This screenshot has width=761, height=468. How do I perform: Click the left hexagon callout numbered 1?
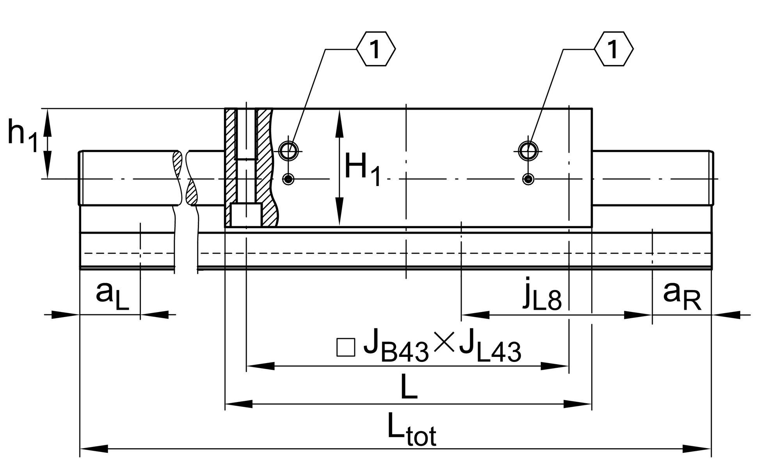click(376, 49)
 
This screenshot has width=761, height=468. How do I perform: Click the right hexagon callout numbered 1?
click(613, 49)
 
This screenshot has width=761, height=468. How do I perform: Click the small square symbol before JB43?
click(346, 347)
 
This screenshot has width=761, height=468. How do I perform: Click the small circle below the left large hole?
click(288, 179)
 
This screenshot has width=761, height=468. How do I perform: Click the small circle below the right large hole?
click(528, 179)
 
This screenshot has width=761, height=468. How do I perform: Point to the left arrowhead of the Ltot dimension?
click(94, 449)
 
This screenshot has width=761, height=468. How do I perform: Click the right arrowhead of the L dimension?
click(578, 404)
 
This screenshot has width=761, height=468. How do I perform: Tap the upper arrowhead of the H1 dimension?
click(340, 123)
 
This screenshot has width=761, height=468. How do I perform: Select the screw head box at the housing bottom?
click(246, 215)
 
